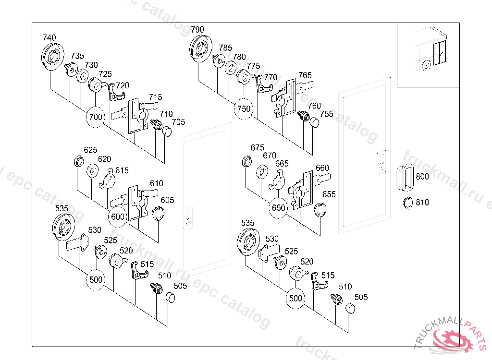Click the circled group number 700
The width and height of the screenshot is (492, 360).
pos(96,117)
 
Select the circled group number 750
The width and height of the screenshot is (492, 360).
pos(244,109)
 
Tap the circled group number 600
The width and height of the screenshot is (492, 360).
pos(118,216)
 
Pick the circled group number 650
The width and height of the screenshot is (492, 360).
pos(279,208)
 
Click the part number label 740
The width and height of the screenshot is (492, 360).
pos(49,38)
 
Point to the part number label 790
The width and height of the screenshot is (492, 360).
pos(197,30)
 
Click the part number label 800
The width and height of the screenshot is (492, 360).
pos(422,177)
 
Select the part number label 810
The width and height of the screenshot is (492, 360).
pos(422,203)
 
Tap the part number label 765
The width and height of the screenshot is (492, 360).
pos(305,75)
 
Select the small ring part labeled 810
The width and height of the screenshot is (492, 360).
pos(408,203)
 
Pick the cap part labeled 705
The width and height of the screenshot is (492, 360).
pos(168,131)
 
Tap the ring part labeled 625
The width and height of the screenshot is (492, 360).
pos(77,161)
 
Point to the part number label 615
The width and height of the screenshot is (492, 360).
pos(122,170)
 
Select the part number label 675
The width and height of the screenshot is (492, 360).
pos(258,147)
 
